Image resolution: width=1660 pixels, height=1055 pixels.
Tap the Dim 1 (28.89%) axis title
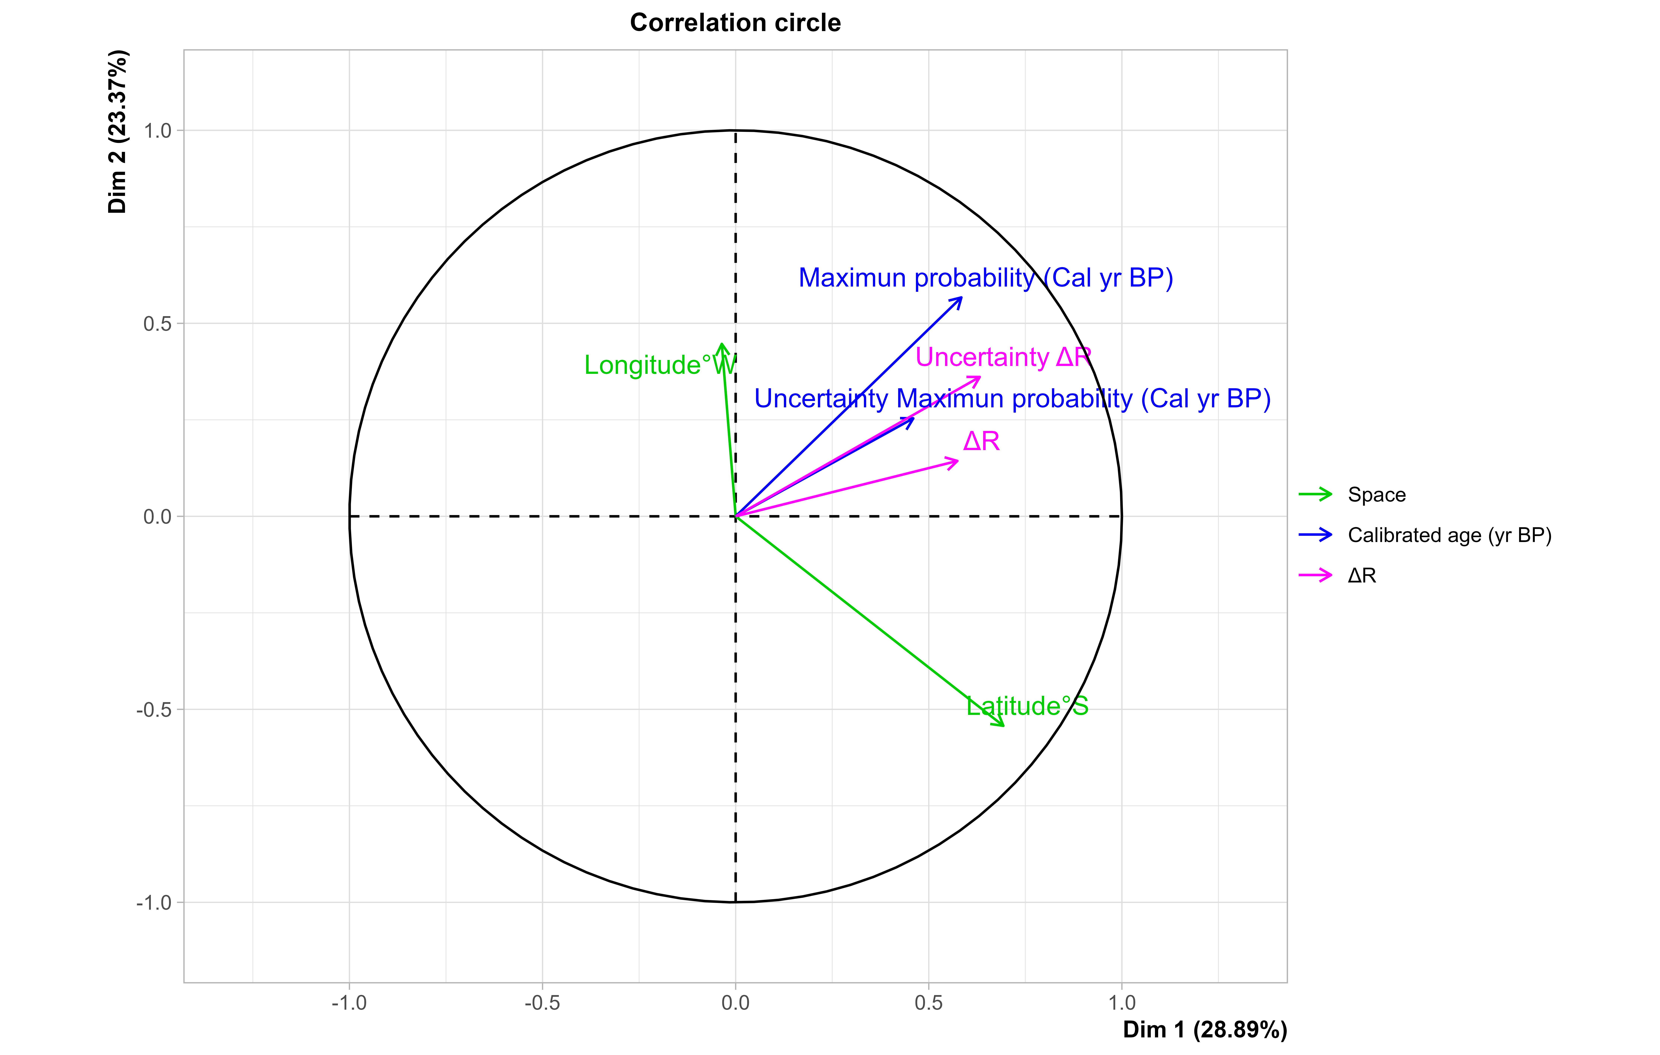tap(1204, 1030)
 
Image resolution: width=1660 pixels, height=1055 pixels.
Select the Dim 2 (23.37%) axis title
tap(118, 132)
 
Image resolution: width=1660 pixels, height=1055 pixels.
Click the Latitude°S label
tap(1027, 706)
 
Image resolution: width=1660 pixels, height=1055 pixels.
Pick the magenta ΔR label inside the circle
tap(981, 441)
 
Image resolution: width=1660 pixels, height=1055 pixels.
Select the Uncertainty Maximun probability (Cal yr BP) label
tap(1012, 399)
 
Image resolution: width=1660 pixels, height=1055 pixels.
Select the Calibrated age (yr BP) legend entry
tap(1449, 535)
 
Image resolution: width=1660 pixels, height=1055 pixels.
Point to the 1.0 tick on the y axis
tap(158, 130)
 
